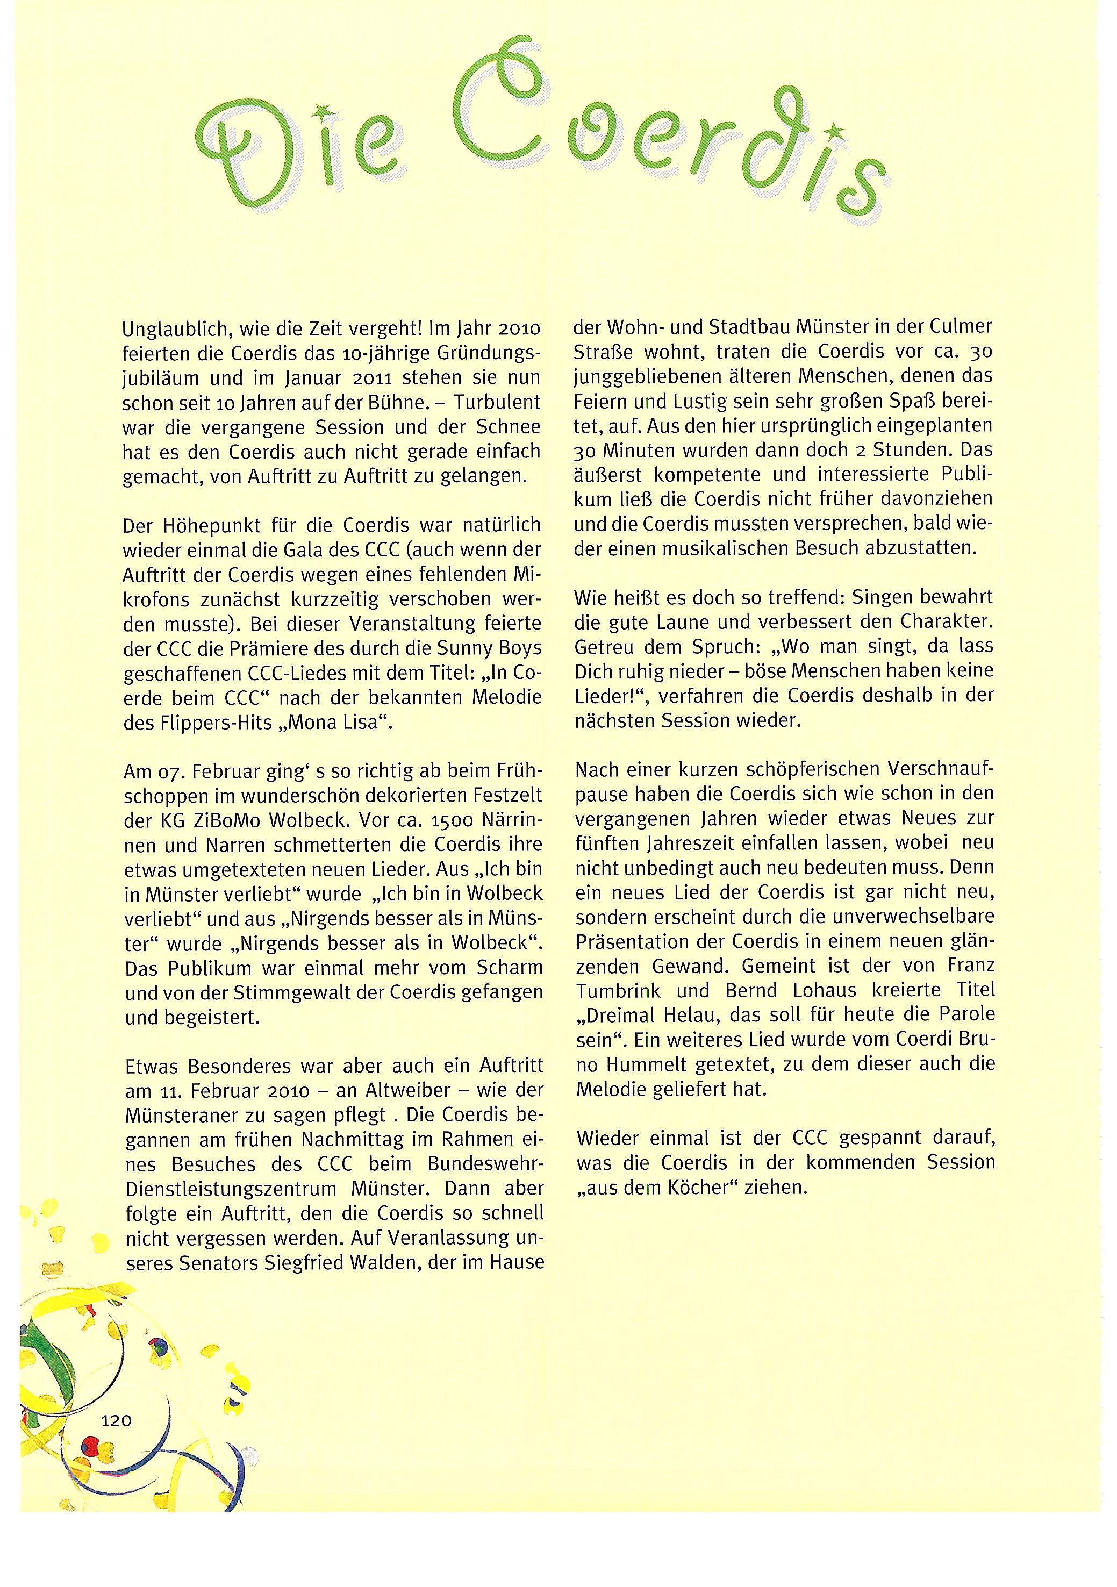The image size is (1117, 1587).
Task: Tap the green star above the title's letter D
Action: pyautogui.click(x=319, y=109)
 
